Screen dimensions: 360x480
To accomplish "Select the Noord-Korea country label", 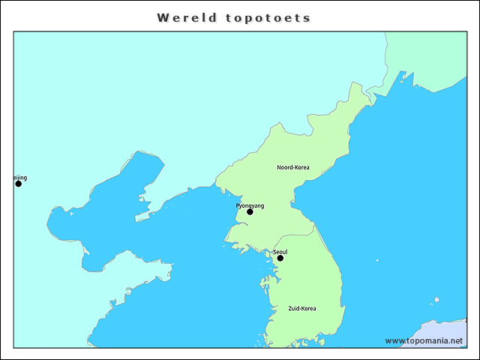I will [x=292, y=167].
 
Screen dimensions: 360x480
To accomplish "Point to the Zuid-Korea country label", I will [x=302, y=308].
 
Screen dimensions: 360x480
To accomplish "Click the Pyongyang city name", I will [x=250, y=205].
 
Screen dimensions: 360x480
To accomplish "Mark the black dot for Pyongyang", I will [x=250, y=211].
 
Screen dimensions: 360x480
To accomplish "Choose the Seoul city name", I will [x=280, y=251].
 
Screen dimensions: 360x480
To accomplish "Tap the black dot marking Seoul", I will [x=280, y=258].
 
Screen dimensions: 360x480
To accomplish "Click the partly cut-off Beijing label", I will [x=20, y=178].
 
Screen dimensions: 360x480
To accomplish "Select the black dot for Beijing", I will [x=19, y=184].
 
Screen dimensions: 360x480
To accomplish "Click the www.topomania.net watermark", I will [x=424, y=340].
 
